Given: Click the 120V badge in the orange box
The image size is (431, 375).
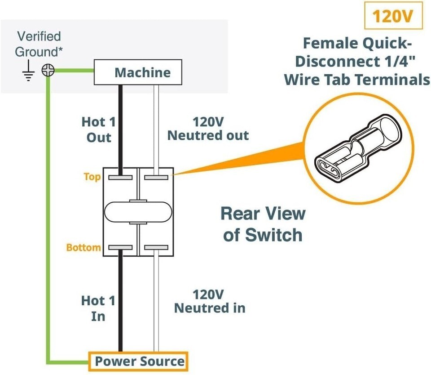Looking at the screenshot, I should (x=393, y=17).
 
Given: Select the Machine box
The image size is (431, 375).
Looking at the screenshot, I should (x=138, y=73).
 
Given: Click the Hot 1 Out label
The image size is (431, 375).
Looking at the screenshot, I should (x=98, y=129).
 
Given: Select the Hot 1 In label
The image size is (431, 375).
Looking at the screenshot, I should (x=98, y=308).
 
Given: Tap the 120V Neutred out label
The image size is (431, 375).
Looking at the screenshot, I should (x=208, y=129).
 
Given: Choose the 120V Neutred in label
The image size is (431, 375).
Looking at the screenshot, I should (x=209, y=301).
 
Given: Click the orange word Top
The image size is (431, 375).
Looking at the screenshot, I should (x=92, y=177).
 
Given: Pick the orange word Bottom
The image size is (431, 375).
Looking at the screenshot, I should (x=84, y=247).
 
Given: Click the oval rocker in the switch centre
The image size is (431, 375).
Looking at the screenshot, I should (x=138, y=212).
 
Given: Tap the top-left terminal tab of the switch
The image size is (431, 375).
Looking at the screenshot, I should (x=120, y=178).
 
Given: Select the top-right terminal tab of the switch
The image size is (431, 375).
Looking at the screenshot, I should (x=156, y=178).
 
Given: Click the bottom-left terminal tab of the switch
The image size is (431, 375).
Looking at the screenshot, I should (x=120, y=247).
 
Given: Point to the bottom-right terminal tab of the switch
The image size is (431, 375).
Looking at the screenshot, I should (x=156, y=247).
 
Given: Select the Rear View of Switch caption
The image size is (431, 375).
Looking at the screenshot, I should (x=263, y=223).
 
